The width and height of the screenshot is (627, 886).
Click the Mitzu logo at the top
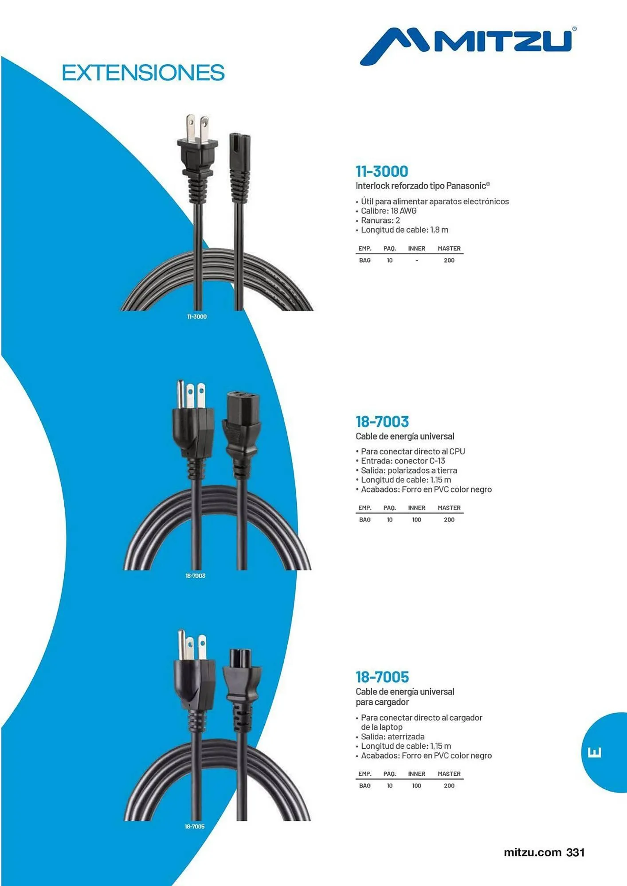(x=468, y=46)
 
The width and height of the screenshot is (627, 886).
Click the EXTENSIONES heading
(x=143, y=73)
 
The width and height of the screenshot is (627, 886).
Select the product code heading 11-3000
(x=382, y=171)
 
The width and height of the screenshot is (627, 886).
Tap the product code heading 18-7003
(x=382, y=421)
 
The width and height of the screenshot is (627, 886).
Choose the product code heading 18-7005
(x=382, y=677)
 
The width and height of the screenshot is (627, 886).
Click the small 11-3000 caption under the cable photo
(x=197, y=316)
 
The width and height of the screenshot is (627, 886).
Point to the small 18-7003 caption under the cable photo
(x=196, y=575)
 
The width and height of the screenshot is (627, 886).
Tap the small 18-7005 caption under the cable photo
(x=195, y=826)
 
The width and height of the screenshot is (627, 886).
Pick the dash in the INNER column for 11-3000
(x=417, y=260)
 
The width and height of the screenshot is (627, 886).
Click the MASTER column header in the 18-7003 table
(x=449, y=508)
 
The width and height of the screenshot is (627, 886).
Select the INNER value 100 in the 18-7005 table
(x=417, y=785)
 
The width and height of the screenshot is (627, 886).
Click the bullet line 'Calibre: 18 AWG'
(x=388, y=211)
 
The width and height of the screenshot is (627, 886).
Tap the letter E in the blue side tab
(x=595, y=752)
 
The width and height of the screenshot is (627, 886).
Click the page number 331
(x=576, y=852)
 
